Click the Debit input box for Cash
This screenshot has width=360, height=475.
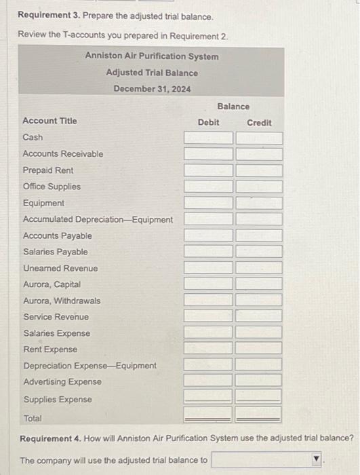[x=208, y=138]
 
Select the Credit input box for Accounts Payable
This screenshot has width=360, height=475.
[x=259, y=236]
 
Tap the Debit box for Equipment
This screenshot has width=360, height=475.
[x=208, y=203]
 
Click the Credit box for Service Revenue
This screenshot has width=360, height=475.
[x=259, y=317]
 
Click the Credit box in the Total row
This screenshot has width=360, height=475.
[x=259, y=413]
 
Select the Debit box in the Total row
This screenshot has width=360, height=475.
[x=208, y=413]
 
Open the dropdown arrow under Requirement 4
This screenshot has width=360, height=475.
[x=315, y=460]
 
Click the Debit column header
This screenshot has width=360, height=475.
[x=208, y=122]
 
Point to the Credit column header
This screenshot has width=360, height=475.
[x=259, y=122]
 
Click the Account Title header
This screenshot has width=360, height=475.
[x=50, y=121]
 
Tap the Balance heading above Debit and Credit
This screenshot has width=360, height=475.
[x=233, y=107]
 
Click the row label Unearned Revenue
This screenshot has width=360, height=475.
[x=60, y=268]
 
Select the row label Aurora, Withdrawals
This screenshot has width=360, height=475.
[x=62, y=301]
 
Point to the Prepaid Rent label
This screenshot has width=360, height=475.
[x=48, y=170]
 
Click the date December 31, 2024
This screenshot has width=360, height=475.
[x=152, y=89]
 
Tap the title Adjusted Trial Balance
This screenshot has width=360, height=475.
[x=152, y=73]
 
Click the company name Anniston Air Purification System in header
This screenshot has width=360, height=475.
[x=152, y=56]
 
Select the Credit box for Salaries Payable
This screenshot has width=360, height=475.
[x=259, y=252]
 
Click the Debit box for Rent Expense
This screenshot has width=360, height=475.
[x=208, y=349]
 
